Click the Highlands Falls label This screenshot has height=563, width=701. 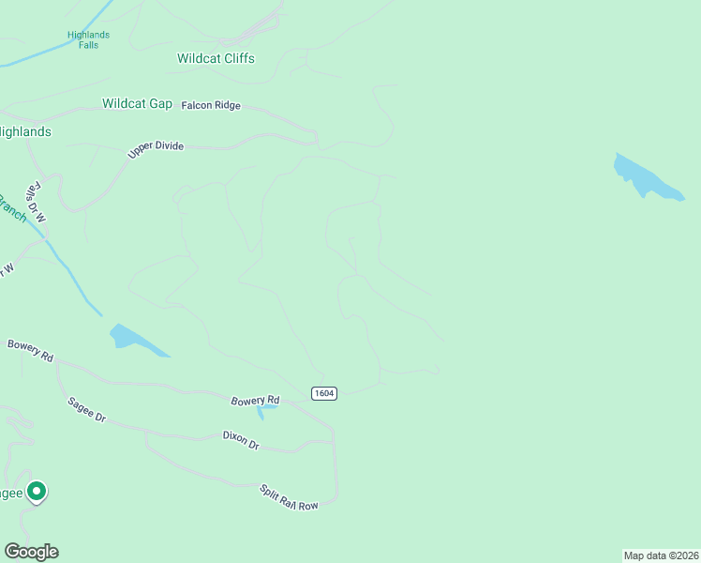[89, 39]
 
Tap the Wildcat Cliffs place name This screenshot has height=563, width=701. [216, 58]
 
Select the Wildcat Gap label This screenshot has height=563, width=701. [137, 103]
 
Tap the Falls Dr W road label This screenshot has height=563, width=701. [37, 202]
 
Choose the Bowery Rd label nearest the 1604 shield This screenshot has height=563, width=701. [255, 401]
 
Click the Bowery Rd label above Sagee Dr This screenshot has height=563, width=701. [30, 350]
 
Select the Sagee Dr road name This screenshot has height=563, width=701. [84, 410]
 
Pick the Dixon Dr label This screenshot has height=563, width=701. [241, 439]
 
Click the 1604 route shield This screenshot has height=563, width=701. [323, 392]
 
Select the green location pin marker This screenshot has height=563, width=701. [37, 491]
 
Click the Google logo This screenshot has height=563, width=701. [31, 552]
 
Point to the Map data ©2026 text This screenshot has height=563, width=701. [661, 555]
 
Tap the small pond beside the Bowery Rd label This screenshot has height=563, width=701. [266, 410]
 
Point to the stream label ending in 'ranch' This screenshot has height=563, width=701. [12, 209]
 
